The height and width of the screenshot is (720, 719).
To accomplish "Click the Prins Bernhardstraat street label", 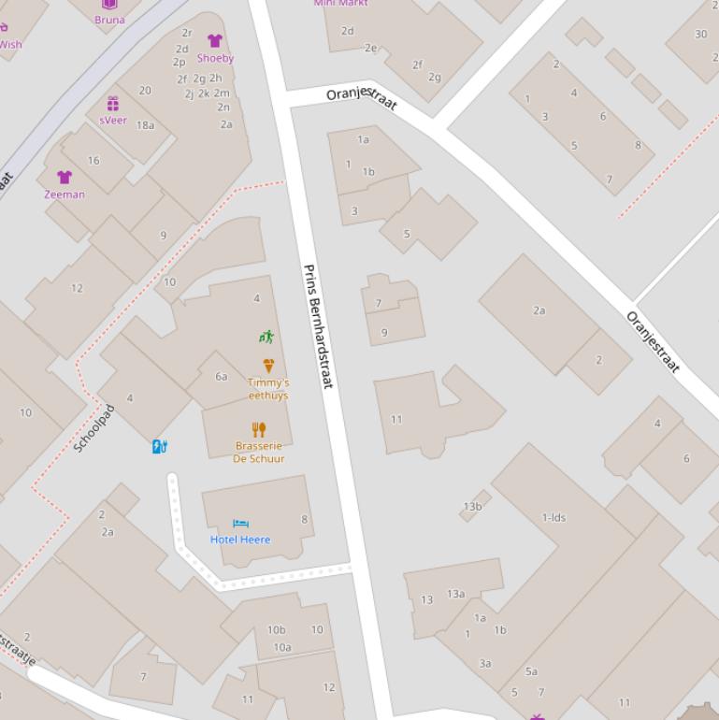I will point(318,326).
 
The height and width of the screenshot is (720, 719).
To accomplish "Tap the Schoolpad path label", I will point(93,428).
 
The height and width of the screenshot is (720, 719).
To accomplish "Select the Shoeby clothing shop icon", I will point(215,41).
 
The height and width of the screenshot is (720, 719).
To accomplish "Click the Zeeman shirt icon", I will point(65,178).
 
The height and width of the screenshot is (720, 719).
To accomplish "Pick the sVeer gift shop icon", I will point(113,104).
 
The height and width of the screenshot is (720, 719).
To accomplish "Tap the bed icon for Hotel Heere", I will point(240,525).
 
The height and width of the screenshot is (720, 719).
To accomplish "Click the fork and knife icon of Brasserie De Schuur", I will point(259,430).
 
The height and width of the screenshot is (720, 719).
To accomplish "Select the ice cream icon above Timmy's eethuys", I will point(268,366).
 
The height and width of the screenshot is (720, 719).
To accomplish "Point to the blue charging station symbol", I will point(159,447).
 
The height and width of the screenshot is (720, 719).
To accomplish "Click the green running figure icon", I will point(266,337).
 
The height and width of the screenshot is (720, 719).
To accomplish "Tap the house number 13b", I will point(472,507).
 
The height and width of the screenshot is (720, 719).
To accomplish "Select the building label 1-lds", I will point(554,517).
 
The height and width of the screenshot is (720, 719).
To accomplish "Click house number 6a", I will point(222,376).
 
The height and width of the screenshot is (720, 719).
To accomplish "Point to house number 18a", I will point(145,125).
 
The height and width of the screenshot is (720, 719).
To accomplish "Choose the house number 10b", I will point(276,629).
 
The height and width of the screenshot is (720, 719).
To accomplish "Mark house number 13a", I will point(455,594).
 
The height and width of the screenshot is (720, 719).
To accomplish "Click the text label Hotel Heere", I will point(240,540).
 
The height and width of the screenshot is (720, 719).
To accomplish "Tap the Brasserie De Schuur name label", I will point(259,453).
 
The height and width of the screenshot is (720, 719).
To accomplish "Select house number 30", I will point(701,35).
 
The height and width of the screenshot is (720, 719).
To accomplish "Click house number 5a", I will point(531,671).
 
